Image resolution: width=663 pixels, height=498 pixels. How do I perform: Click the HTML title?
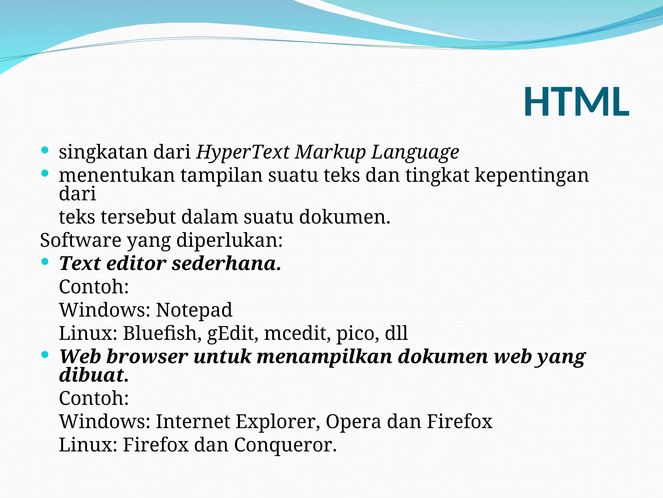point(576,102)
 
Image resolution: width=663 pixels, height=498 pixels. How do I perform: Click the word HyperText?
point(242,152)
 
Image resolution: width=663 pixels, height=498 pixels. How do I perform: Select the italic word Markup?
point(330,152)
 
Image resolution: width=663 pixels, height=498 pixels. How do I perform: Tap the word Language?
point(415,152)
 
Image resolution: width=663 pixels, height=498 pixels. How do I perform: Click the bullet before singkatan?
point(45,150)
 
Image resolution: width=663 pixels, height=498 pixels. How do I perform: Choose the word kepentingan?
point(532,175)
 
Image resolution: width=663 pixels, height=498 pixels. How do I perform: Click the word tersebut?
point(138,217)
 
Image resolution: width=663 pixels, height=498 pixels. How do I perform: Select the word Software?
point(81,240)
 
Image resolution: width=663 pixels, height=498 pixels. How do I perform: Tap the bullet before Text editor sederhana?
point(45,261)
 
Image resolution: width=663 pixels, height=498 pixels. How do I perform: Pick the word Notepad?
point(194,310)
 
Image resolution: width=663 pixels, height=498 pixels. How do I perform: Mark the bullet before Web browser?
point(45,354)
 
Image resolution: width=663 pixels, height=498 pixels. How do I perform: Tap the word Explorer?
point(278,421)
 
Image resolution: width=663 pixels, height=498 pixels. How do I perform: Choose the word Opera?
point(353,422)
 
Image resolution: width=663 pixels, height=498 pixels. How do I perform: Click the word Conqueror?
point(285,445)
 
